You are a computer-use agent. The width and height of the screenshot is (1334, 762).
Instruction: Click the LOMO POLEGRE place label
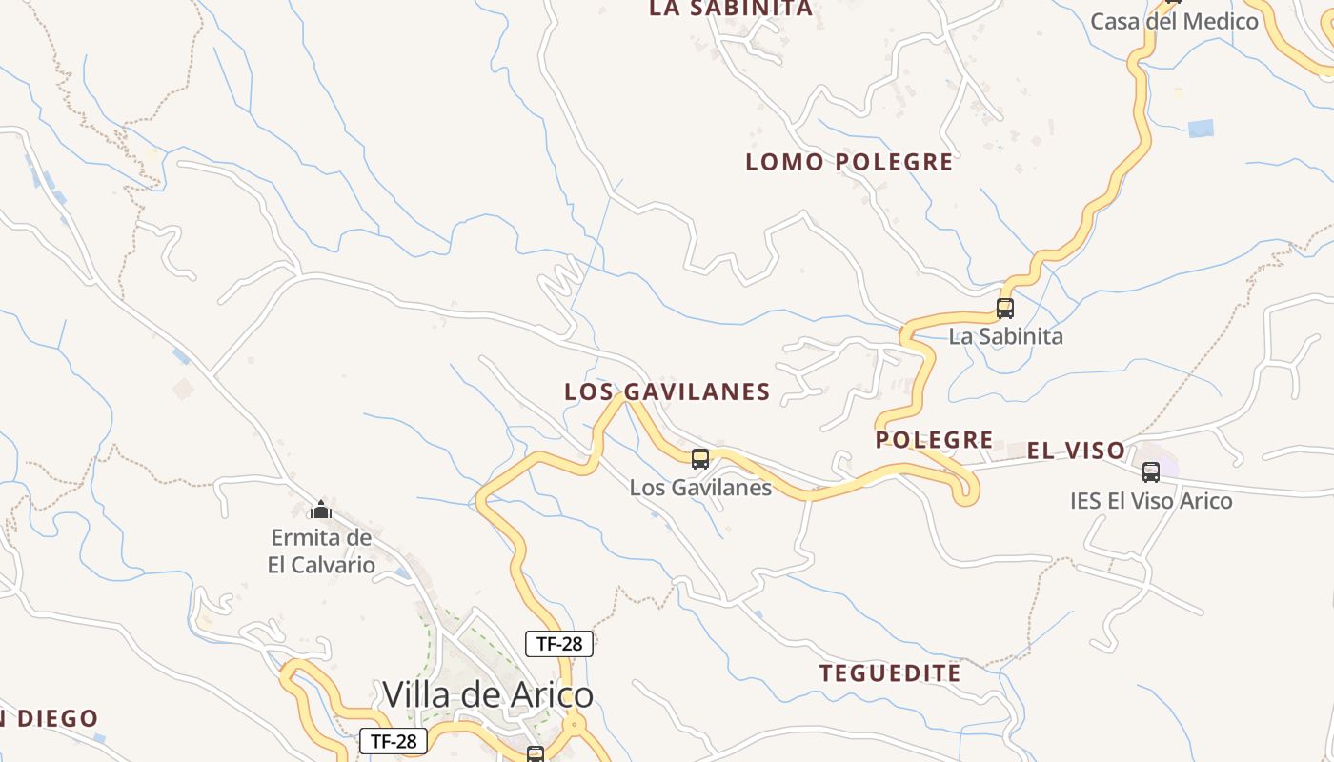849,162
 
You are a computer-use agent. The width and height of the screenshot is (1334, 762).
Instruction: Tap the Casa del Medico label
1174,21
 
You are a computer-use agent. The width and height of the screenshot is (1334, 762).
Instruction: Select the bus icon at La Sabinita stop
1005,309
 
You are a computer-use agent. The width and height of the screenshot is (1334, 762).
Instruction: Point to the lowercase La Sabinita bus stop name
1005,336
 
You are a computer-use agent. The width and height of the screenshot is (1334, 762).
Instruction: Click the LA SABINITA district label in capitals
731,9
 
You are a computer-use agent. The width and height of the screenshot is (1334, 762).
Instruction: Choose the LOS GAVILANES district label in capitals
667,391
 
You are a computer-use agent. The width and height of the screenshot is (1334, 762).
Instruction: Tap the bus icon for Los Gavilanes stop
700,459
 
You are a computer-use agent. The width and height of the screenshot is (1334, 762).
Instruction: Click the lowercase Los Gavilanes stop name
700,488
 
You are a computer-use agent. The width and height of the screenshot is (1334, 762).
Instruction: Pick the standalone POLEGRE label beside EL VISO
934,440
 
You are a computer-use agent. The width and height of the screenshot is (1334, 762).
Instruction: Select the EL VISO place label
1076,451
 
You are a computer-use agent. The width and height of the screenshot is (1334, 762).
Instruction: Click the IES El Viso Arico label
1150,501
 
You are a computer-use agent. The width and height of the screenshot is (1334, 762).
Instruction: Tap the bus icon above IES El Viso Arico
1151,471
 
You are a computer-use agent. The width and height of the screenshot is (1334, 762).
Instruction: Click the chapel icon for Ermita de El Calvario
321,511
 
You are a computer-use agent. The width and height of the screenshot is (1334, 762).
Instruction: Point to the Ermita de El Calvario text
321,551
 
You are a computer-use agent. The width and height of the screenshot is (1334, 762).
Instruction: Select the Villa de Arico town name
488,694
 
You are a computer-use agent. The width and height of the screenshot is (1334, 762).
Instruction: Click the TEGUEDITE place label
890,673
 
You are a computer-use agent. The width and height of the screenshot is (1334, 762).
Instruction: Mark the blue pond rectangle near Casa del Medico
1202,129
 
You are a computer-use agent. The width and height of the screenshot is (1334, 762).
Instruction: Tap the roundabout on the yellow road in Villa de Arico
574,725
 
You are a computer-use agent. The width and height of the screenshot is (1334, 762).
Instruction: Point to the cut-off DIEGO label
52,719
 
